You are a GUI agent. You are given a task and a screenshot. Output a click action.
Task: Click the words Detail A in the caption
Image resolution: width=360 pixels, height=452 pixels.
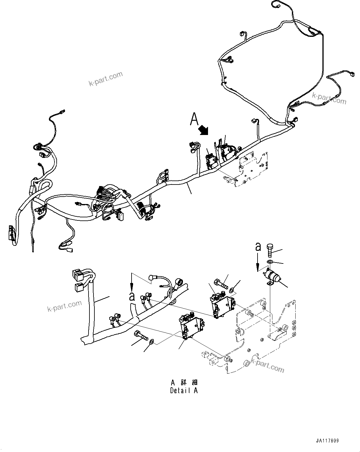pos(184,390)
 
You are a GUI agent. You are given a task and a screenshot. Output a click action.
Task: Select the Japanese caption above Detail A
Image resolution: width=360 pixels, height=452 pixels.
pos(184,382)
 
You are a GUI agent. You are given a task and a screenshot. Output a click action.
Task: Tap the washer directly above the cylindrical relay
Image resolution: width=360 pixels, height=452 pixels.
pos(270,262)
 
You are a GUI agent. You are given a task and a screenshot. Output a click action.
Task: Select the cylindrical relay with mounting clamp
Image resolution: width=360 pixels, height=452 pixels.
pos(271,276)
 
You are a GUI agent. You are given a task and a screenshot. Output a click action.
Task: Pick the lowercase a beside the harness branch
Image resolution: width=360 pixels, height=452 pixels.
pos(132,296)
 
